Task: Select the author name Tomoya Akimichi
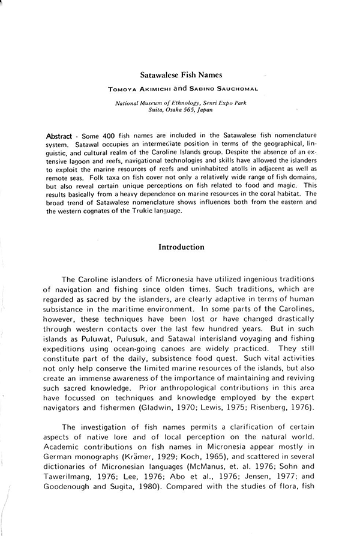pos(151,89)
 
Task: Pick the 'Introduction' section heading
pos(181,247)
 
